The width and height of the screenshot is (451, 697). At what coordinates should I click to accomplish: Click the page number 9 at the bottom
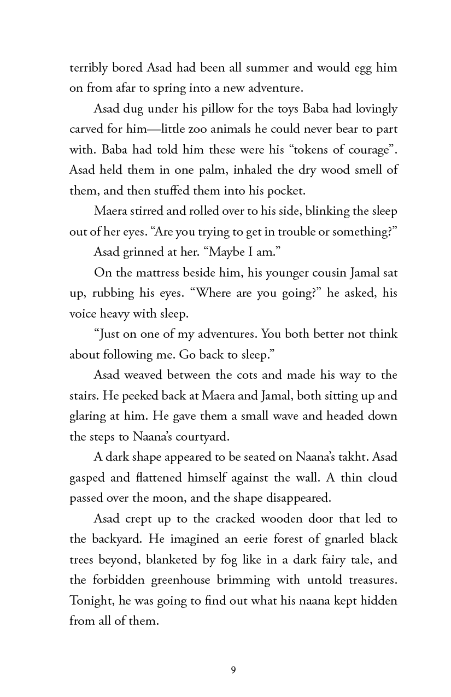pyautogui.click(x=233, y=670)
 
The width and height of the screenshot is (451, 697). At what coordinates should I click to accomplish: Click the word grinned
pyautogui.click(x=157, y=252)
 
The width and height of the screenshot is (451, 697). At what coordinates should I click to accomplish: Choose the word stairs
pyautogui.click(x=84, y=395)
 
